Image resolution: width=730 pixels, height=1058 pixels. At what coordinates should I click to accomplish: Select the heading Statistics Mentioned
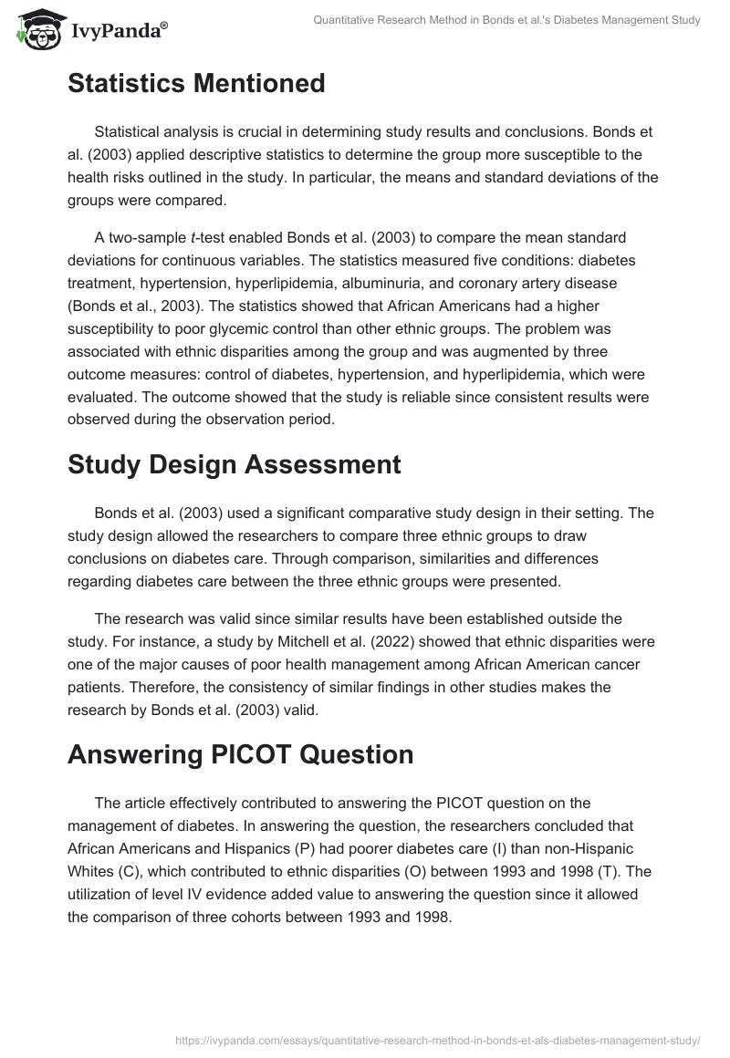click(196, 84)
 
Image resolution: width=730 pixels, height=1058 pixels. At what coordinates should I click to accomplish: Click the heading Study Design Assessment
click(234, 464)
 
